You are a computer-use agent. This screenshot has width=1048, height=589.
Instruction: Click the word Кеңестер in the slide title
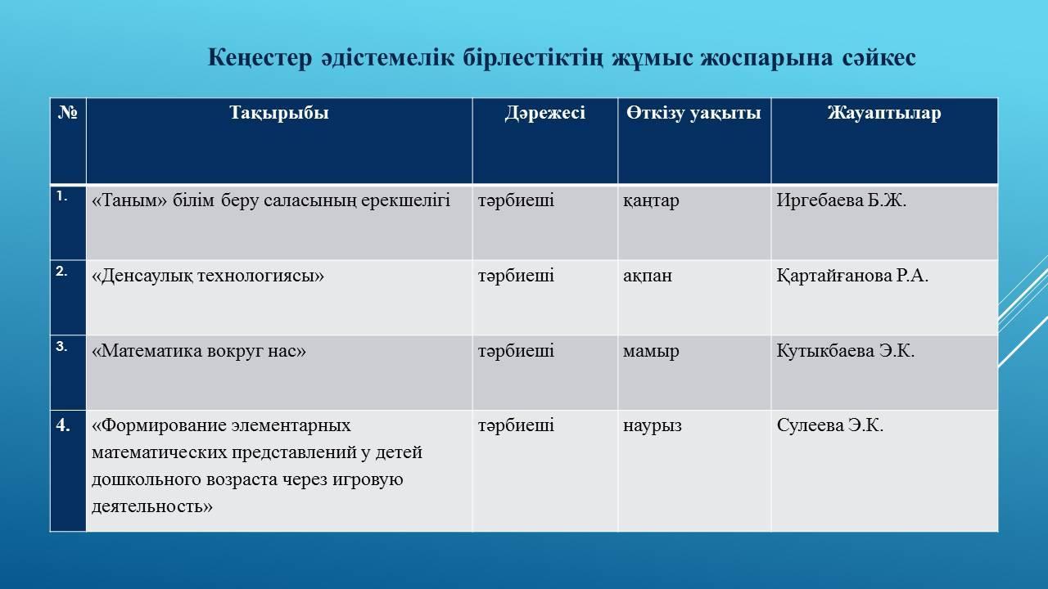tap(260, 59)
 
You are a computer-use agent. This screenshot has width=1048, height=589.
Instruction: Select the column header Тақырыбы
tap(279, 113)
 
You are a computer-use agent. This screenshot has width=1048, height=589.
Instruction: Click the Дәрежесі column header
tap(545, 113)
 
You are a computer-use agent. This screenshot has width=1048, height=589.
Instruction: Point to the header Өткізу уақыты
tap(693, 113)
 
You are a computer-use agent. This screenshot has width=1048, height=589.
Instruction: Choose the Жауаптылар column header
tap(884, 113)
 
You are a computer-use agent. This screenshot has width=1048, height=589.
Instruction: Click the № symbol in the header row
tap(68, 112)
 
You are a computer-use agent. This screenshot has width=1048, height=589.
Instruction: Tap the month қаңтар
tap(651, 201)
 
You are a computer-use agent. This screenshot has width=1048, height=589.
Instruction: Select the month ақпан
tap(648, 276)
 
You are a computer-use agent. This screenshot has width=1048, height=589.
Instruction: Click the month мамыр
tap(651, 351)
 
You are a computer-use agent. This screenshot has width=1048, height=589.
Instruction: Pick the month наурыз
tap(653, 426)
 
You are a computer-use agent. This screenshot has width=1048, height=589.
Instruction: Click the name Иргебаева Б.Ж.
tap(842, 200)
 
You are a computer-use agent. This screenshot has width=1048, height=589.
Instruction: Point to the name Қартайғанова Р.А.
tap(852, 276)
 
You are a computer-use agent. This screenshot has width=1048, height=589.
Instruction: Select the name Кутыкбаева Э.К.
tap(846, 351)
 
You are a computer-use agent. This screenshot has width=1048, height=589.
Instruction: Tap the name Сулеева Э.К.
tap(830, 425)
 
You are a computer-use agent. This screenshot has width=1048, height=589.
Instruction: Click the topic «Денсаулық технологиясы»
tap(208, 276)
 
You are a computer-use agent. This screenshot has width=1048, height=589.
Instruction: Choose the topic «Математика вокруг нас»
tap(199, 351)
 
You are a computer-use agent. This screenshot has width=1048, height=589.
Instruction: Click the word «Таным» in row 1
tap(129, 200)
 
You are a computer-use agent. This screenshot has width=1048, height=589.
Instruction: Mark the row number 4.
tap(63, 425)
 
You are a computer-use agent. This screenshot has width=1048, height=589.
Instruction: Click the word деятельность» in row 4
tap(152, 506)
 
